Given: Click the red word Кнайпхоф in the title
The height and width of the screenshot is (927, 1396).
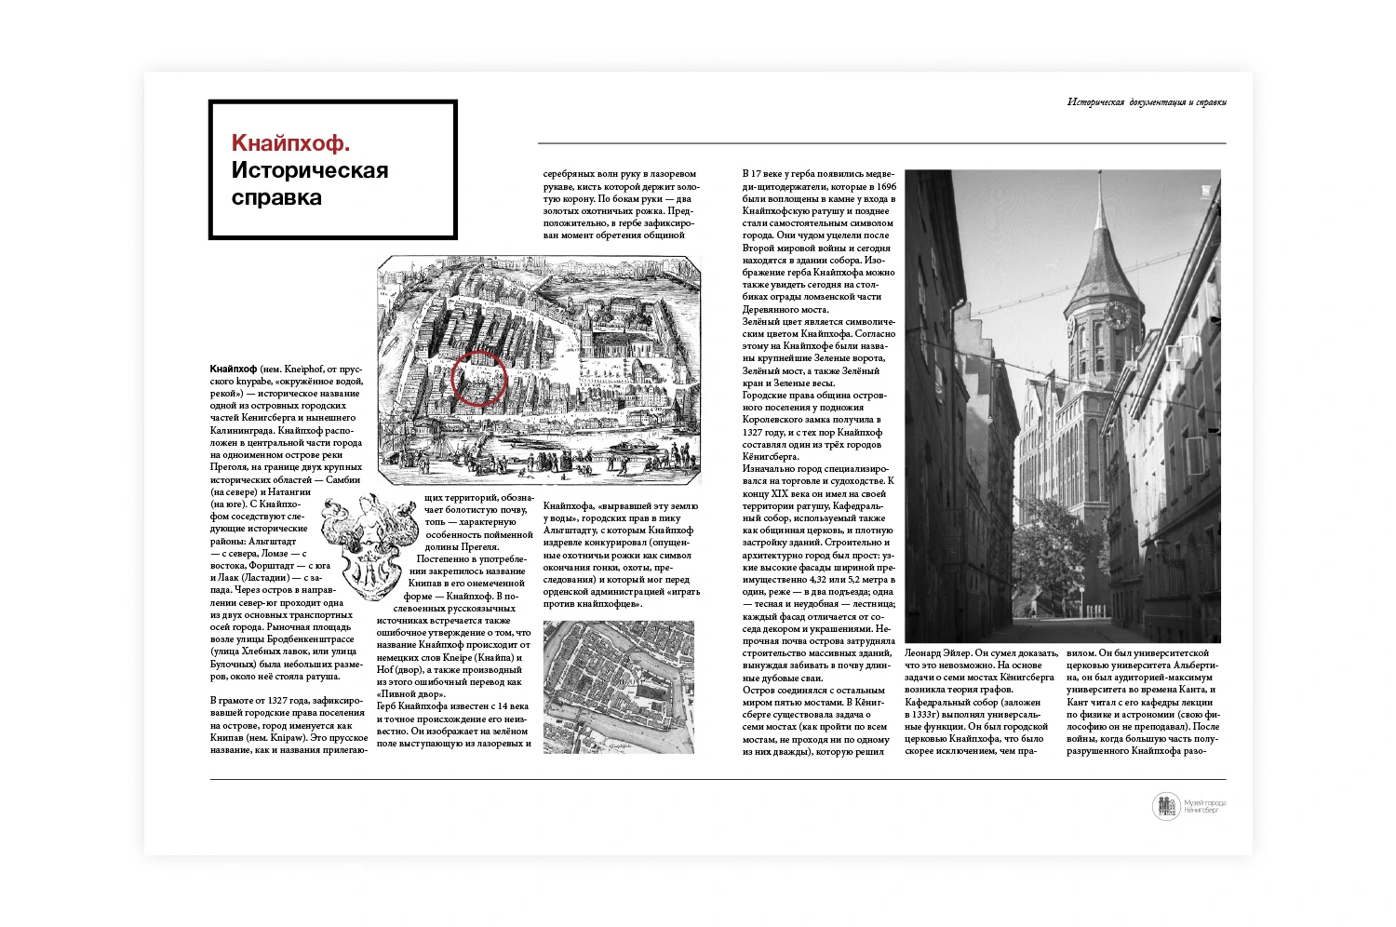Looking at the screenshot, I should [x=290, y=143].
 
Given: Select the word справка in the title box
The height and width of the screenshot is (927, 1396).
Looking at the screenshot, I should [x=276, y=197].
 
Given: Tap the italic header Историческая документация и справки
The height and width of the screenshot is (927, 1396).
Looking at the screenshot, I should [x=1146, y=102].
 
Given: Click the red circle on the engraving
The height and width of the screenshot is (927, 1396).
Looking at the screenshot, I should [x=479, y=379].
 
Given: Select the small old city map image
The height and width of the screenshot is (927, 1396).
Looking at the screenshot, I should [x=618, y=686].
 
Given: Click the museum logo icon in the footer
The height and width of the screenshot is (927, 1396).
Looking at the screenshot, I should [x=1165, y=806].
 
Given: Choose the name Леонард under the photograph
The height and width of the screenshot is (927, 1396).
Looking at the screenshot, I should [x=927, y=653].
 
